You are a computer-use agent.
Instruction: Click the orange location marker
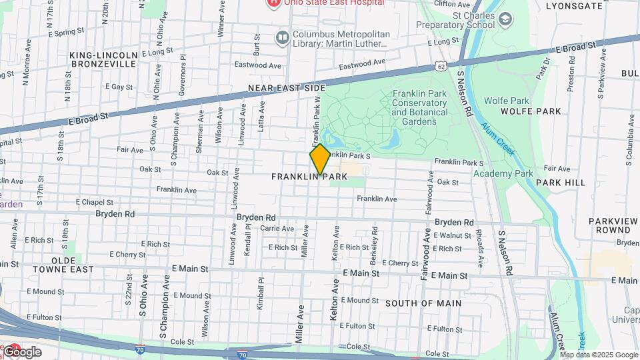[320, 159]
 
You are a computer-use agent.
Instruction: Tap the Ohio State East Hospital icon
[273, 3]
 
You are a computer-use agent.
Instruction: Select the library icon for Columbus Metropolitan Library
[282, 36]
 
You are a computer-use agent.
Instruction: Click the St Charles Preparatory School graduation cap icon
[506, 19]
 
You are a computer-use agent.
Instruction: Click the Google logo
[21, 352]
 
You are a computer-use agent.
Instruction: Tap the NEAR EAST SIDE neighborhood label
[287, 88]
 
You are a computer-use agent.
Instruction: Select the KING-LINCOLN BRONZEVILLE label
[103, 59]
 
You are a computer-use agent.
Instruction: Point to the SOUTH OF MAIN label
[423, 303]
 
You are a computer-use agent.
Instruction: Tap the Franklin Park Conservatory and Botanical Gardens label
[419, 107]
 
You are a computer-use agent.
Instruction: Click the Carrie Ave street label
[277, 228]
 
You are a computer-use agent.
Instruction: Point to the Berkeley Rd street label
[375, 244]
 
